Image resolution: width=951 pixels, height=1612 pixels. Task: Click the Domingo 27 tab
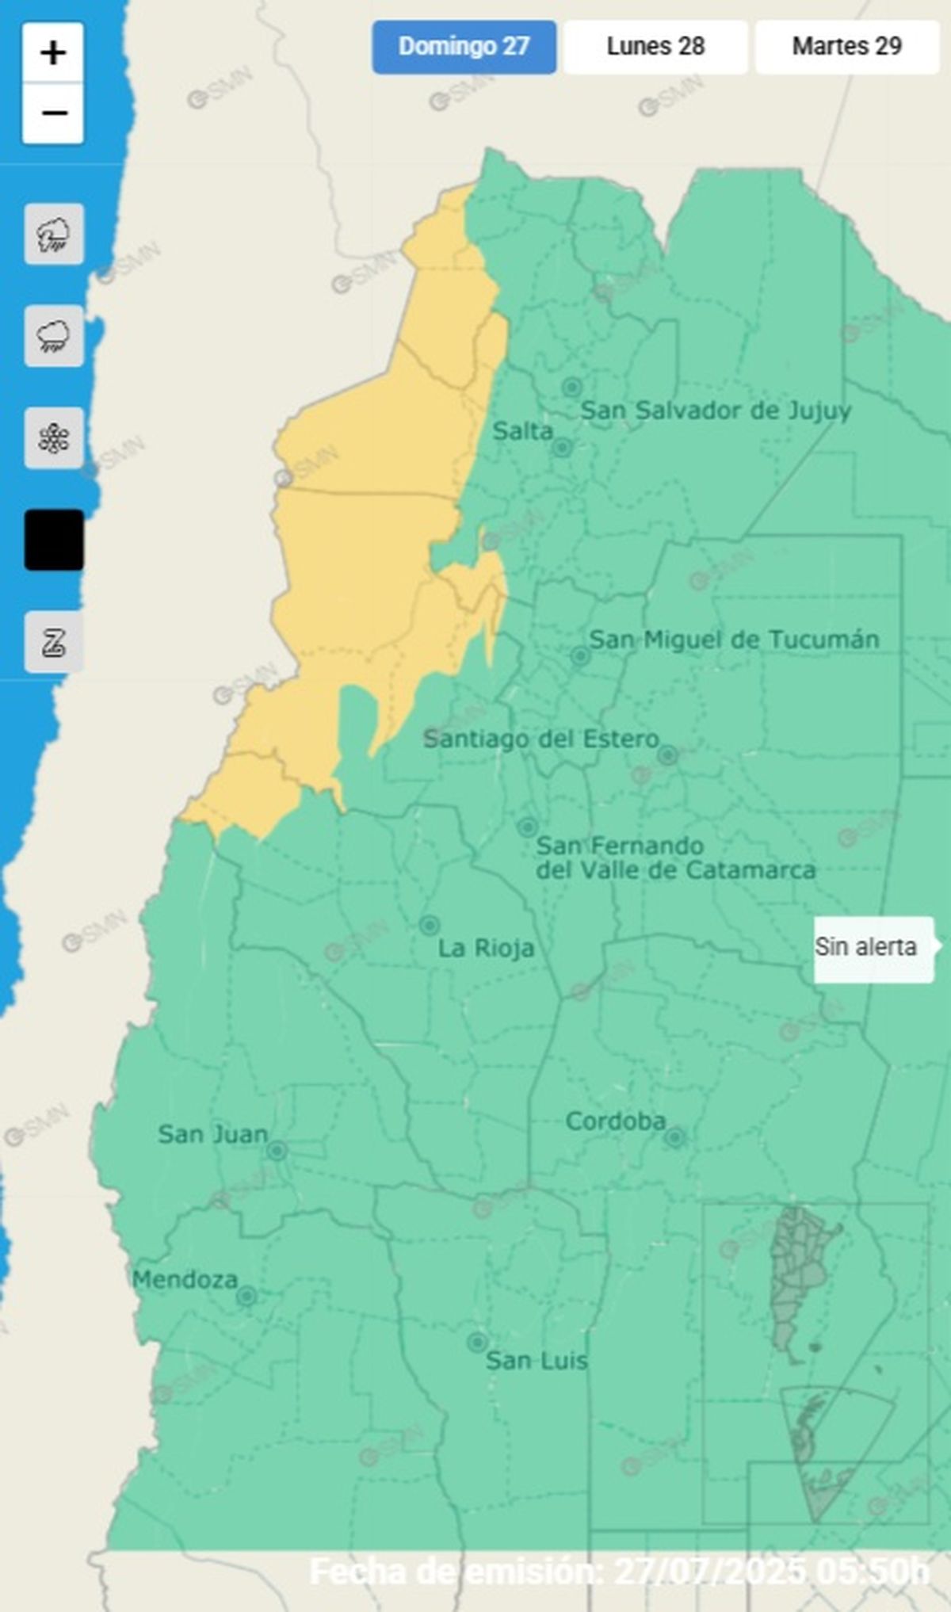[464, 47]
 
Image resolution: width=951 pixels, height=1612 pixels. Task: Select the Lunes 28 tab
[655, 47]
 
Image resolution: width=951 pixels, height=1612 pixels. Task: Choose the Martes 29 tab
[846, 47]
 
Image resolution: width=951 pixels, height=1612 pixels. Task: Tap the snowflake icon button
[53, 438]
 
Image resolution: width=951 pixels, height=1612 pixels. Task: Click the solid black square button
[53, 540]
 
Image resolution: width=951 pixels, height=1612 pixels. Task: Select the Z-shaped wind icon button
[53, 641]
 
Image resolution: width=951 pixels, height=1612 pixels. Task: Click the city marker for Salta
[562, 448]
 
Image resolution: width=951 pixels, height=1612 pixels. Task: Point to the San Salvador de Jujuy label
[716, 411]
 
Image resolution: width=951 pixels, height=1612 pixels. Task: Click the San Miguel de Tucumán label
[734, 640]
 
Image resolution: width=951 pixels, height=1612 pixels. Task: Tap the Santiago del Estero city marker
[667, 755]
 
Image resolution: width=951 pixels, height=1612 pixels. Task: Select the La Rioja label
[486, 948]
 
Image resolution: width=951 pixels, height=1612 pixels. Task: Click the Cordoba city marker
[674, 1138]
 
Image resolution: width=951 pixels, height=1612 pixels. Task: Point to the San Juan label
[212, 1134]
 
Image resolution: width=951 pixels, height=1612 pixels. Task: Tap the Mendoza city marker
[246, 1296]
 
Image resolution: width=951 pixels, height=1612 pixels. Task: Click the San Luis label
[537, 1361]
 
